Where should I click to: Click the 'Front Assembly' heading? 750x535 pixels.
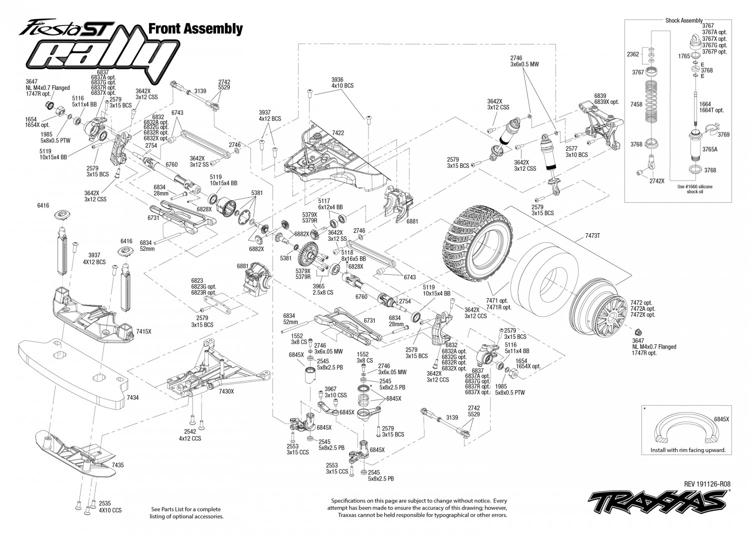pyautogui.click(x=195, y=29)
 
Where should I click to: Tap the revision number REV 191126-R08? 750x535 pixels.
pyautogui.click(x=707, y=484)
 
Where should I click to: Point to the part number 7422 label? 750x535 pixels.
pyautogui.click(x=338, y=133)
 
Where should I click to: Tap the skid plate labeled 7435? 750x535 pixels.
pyautogui.click(x=75, y=454)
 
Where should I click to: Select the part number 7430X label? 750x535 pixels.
pyautogui.click(x=226, y=391)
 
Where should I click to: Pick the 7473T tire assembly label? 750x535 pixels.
pyautogui.click(x=592, y=236)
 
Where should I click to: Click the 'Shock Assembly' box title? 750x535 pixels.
pyautogui.click(x=683, y=20)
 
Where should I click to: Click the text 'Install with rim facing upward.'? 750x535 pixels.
pyautogui.click(x=688, y=450)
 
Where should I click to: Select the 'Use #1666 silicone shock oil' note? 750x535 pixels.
pyautogui.click(x=695, y=189)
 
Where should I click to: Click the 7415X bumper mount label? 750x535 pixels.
pyautogui.click(x=143, y=331)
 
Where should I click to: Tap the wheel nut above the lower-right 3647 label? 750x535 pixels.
pyautogui.click(x=638, y=332)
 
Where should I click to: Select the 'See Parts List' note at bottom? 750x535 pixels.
pyautogui.click(x=186, y=513)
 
